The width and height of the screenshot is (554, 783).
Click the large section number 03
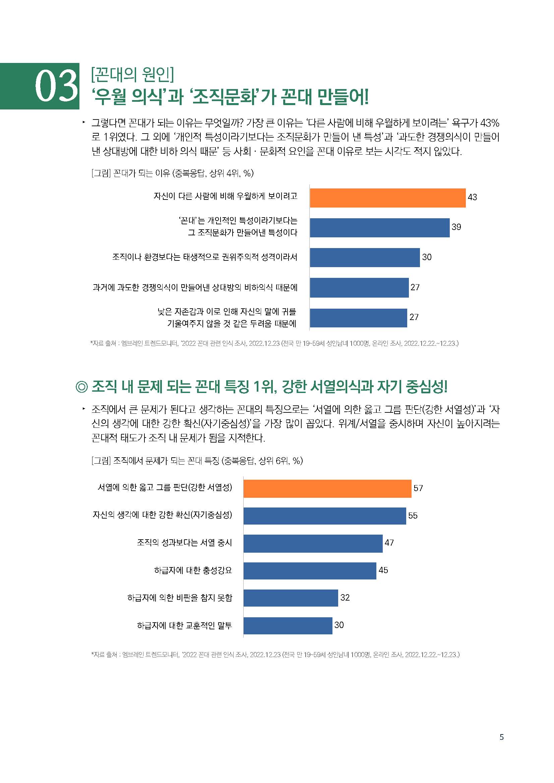(56, 86)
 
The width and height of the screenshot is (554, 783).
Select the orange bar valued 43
(387, 198)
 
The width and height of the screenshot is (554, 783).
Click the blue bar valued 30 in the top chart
(365, 257)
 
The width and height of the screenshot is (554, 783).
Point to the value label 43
(472, 197)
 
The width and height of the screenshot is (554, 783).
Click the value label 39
(456, 227)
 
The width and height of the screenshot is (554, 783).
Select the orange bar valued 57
(327, 488)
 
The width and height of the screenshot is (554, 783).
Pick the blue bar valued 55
(324, 516)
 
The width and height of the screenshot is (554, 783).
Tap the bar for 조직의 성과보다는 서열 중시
(313, 543)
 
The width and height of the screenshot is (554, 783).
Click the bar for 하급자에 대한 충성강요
(310, 570)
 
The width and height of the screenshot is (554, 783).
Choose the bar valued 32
(291, 598)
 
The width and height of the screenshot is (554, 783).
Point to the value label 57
(418, 488)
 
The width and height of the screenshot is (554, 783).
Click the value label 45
(383, 570)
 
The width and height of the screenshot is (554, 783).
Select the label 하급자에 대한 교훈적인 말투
(184, 625)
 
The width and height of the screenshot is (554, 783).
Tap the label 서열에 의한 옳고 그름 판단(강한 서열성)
(165, 487)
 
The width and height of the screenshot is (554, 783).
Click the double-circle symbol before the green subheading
(81, 387)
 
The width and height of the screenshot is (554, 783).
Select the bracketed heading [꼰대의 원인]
(132, 75)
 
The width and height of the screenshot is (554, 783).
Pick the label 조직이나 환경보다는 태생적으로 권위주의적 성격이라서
(204, 257)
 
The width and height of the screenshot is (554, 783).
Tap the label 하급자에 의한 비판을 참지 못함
(180, 598)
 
